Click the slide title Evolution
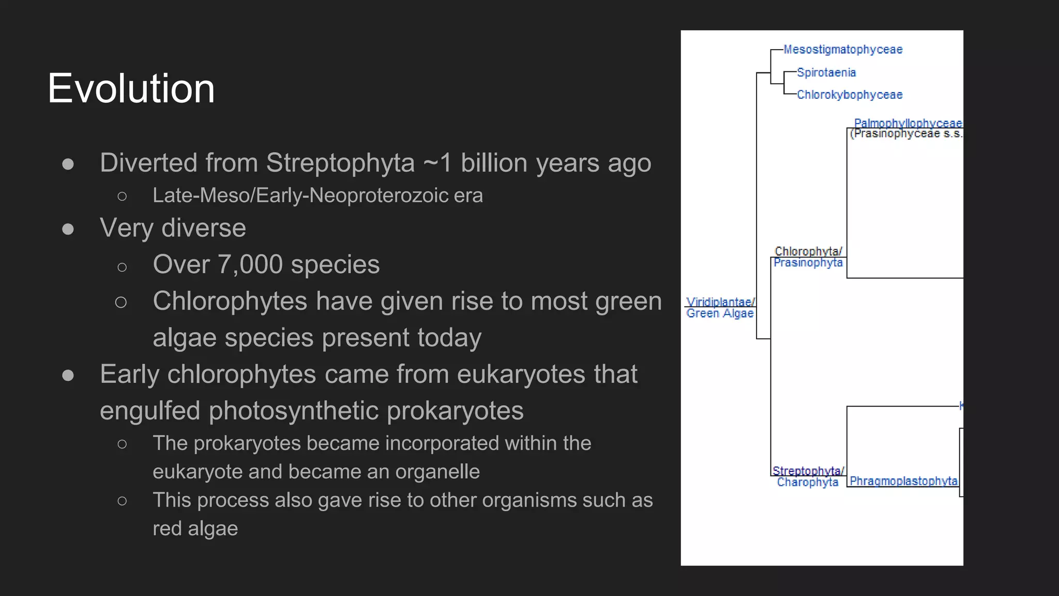pyautogui.click(x=131, y=88)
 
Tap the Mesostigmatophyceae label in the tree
pyautogui.click(x=843, y=50)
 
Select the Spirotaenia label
pyautogui.click(x=826, y=72)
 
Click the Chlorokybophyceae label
pyautogui.click(x=850, y=95)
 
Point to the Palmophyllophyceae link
pyautogui.click(x=907, y=123)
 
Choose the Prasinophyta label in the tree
pyautogui.click(x=808, y=263)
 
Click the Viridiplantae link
pyautogui.click(x=719, y=302)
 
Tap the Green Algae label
pyautogui.click(x=720, y=314)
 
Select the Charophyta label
pyautogui.click(x=807, y=482)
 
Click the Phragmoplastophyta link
pyautogui.click(x=903, y=481)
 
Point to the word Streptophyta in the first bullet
pyautogui.click(x=340, y=163)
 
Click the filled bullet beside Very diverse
pyautogui.click(x=68, y=229)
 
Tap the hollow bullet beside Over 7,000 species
pyautogui.click(x=122, y=267)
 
